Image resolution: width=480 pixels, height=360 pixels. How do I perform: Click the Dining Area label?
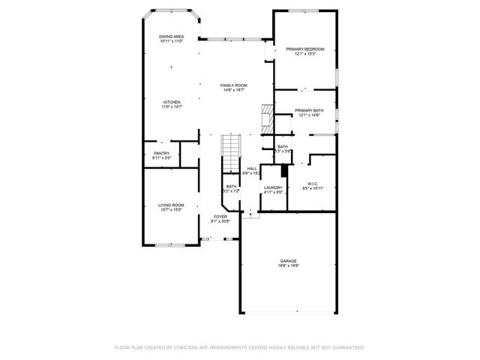171,37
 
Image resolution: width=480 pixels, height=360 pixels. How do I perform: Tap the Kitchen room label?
172,102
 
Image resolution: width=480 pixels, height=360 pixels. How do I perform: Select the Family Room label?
233,85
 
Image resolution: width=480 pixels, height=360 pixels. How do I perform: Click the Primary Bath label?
309,110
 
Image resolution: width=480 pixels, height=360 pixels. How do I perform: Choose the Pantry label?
162,153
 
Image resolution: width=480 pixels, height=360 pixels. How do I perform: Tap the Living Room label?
171,205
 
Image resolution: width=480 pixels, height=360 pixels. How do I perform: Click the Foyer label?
220,216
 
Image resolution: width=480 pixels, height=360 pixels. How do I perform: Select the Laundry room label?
273,187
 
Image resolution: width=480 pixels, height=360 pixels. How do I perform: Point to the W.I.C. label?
312,182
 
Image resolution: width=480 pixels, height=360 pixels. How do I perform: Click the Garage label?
289,261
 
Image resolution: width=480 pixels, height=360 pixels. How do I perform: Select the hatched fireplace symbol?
265,118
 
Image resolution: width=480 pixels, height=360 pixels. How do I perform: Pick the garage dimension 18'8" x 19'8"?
289,266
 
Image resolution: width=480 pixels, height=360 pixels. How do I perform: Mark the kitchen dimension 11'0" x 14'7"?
172,107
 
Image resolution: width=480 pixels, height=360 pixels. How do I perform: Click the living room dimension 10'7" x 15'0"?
171,210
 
